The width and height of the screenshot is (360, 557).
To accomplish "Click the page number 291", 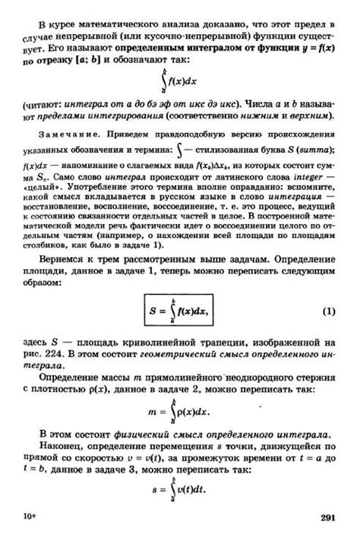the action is pyautogui.click(x=327, y=517).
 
